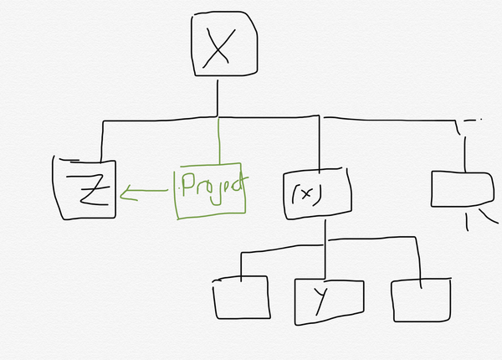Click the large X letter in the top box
tap(218, 49)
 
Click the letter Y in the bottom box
tap(321, 301)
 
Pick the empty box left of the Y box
tap(242, 297)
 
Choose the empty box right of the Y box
tap(422, 300)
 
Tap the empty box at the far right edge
tap(463, 189)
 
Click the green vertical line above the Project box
tap(219, 141)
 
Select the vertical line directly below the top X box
tap(218, 98)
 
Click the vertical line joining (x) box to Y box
tap(325, 249)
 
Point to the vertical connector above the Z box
tap(102, 141)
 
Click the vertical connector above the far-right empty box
tap(465, 154)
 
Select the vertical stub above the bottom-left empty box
tap(241, 267)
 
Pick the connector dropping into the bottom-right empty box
tap(418, 263)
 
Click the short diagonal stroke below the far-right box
tap(489, 216)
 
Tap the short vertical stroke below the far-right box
tap(467, 223)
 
